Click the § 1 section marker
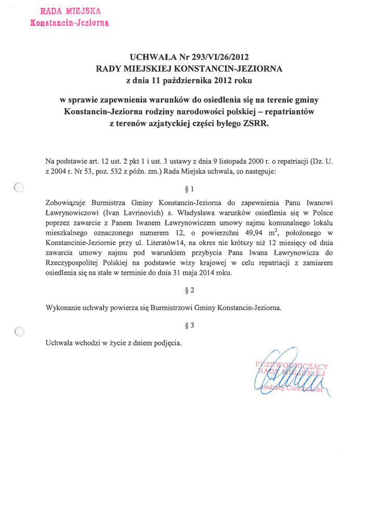pyautogui.click(x=189, y=189)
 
